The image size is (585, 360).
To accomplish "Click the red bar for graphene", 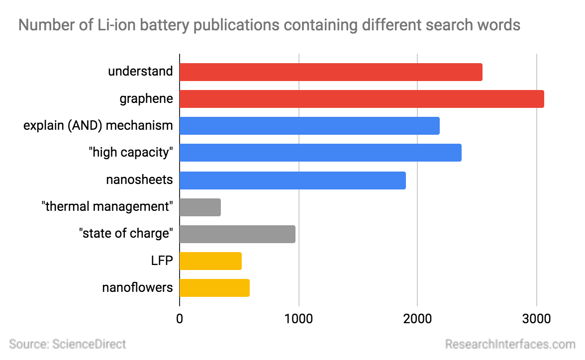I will point(362,99).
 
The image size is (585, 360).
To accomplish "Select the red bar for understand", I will point(331,72).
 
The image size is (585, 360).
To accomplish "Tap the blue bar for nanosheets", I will point(292,180).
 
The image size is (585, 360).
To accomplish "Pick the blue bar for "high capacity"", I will point(320,153).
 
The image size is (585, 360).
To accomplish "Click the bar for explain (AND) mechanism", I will point(309,126).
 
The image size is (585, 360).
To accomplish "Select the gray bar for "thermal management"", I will point(200,207).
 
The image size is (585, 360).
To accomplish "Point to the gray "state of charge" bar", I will point(237,234).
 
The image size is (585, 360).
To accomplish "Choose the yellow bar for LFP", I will point(210,261).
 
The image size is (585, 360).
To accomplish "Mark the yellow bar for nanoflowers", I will point(214,288).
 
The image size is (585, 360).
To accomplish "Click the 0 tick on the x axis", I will point(180,318).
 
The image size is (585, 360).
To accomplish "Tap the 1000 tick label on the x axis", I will point(298,318).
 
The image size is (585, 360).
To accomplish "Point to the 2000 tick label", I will point(417,318).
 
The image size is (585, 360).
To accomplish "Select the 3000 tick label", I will point(536,318).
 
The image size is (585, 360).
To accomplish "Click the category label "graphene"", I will point(146,99).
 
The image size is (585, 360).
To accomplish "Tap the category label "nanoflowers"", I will point(137,288).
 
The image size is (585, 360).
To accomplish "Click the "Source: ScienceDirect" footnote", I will point(68,344).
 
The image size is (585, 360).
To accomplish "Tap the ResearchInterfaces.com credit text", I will point(510,344).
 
